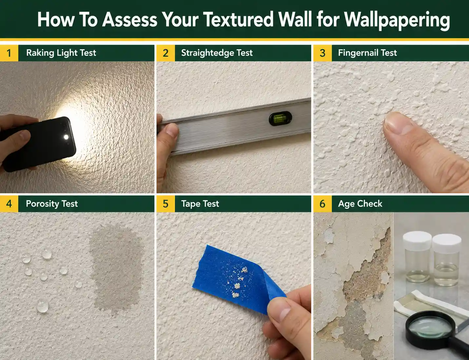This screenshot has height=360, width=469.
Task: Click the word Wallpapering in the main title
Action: coord(397,20)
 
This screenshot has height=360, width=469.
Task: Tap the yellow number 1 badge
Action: coord(9,53)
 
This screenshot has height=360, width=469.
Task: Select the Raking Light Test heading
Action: coord(61,53)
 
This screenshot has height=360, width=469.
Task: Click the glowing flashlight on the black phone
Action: coord(67,137)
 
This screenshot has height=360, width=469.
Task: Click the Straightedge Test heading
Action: coord(217,53)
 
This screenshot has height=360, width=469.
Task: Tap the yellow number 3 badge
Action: coord(322,53)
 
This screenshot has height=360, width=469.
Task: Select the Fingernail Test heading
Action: coord(367,53)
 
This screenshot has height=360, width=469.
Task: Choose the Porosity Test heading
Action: coord(52,204)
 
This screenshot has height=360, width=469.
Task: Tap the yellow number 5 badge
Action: coord(166,204)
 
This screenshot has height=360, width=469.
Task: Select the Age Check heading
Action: coord(360,204)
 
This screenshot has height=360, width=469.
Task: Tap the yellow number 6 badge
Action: coord(322,204)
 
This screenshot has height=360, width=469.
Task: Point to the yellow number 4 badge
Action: coord(9,204)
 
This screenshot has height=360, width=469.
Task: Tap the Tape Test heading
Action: coord(200,204)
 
